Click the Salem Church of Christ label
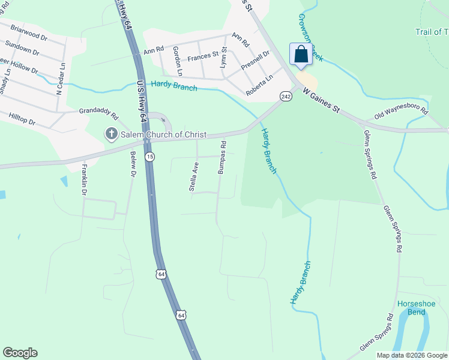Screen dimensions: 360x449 pos(163,134)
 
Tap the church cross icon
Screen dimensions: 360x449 pos(111,134)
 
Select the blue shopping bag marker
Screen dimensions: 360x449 pos(300,55)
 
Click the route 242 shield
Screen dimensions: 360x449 pos(286,96)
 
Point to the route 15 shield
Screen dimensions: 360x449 pos(150,156)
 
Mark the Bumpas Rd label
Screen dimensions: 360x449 pos(221,157)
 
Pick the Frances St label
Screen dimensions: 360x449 pos(203,56)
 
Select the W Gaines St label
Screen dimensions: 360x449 pos(322,101)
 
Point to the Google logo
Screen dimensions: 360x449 pos(20,352)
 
